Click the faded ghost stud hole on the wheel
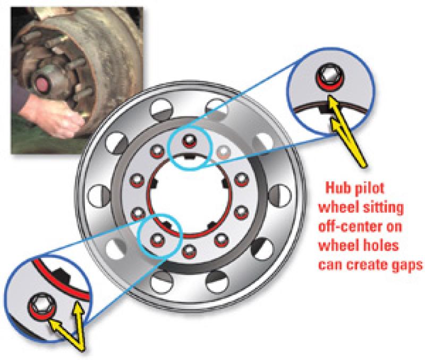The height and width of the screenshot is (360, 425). [x=223, y=152]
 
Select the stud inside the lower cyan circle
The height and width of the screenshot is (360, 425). [x=157, y=240]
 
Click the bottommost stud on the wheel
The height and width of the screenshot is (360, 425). [x=190, y=252]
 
